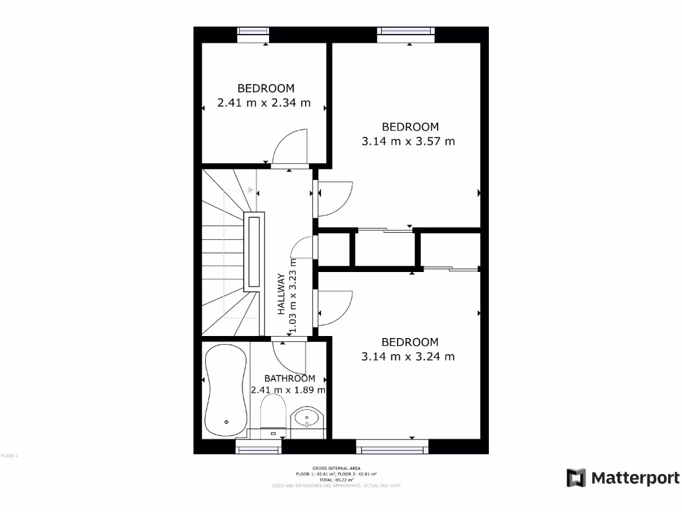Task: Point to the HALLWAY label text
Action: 282,294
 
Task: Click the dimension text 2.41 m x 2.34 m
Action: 264,103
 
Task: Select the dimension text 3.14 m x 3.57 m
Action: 408,141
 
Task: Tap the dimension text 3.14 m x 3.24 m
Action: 408,357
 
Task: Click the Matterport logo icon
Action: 576,478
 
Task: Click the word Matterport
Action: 635,478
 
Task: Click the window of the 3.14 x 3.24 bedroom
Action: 392,447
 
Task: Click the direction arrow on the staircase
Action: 250,190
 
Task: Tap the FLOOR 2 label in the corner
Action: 9,456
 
